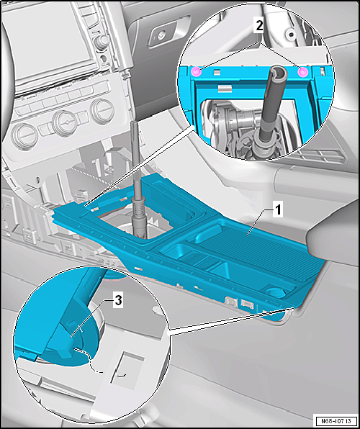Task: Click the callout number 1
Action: pos(278,211)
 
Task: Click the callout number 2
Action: pos(259,26)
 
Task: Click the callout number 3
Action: pos(118,301)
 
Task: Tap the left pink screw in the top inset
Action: pos(197,72)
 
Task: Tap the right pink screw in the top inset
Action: pos(302,72)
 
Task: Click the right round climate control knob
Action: pos(102,111)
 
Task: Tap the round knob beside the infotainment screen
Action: pos(102,41)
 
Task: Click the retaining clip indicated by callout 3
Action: pos(66,340)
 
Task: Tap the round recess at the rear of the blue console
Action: pos(277,292)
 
